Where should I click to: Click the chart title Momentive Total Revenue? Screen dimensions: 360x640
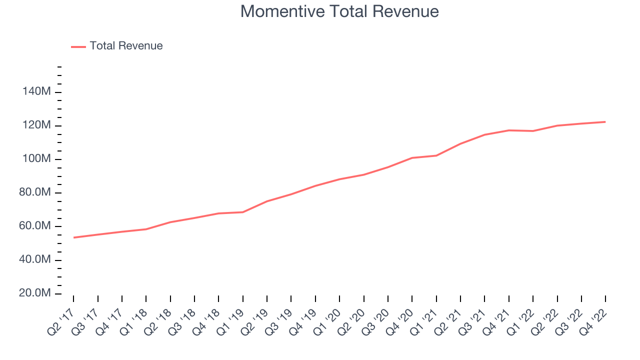point(339,11)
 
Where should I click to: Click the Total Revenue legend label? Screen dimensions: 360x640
point(126,46)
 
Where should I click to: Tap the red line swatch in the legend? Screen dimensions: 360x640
point(78,46)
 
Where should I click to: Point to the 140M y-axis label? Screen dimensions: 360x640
point(36,92)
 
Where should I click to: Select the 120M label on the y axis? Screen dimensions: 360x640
point(36,125)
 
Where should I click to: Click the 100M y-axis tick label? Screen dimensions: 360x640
point(36,159)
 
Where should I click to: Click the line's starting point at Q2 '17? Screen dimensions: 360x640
point(73,237)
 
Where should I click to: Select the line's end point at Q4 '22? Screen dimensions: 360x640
point(605,122)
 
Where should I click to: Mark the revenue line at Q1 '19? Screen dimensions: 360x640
point(243,212)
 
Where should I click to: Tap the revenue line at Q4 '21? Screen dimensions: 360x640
point(508,130)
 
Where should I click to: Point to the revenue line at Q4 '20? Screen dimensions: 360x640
point(412,158)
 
